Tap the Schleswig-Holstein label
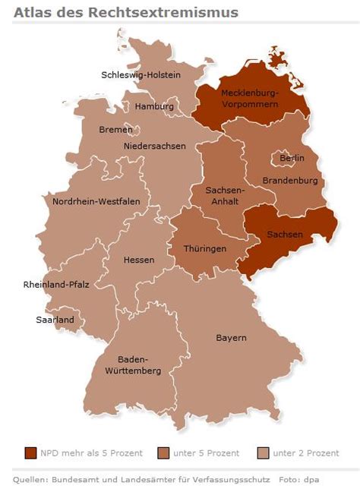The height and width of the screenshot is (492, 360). (x=141, y=74)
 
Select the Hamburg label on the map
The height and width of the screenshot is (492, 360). (x=154, y=106)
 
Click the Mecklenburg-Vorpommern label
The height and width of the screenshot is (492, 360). (x=250, y=98)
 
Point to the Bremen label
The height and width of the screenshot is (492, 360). (x=115, y=129)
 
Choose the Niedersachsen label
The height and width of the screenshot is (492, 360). (x=154, y=146)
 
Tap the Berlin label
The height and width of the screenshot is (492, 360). (x=292, y=158)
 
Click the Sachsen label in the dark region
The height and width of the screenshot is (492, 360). (x=285, y=235)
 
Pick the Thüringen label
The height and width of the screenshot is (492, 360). (x=205, y=248)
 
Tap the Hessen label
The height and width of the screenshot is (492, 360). (x=139, y=260)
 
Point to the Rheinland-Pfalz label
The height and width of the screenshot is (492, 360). (x=57, y=285)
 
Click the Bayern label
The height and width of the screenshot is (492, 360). (x=231, y=338)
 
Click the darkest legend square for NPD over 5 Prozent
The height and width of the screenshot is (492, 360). (x=30, y=453)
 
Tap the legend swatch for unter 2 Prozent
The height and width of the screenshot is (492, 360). (x=264, y=453)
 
